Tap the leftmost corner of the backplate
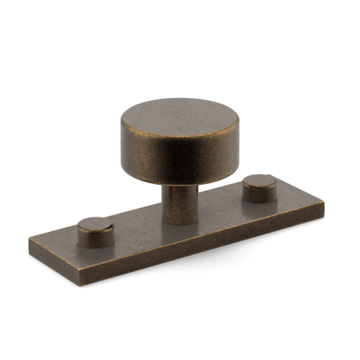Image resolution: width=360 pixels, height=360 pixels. coord(28,240)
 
